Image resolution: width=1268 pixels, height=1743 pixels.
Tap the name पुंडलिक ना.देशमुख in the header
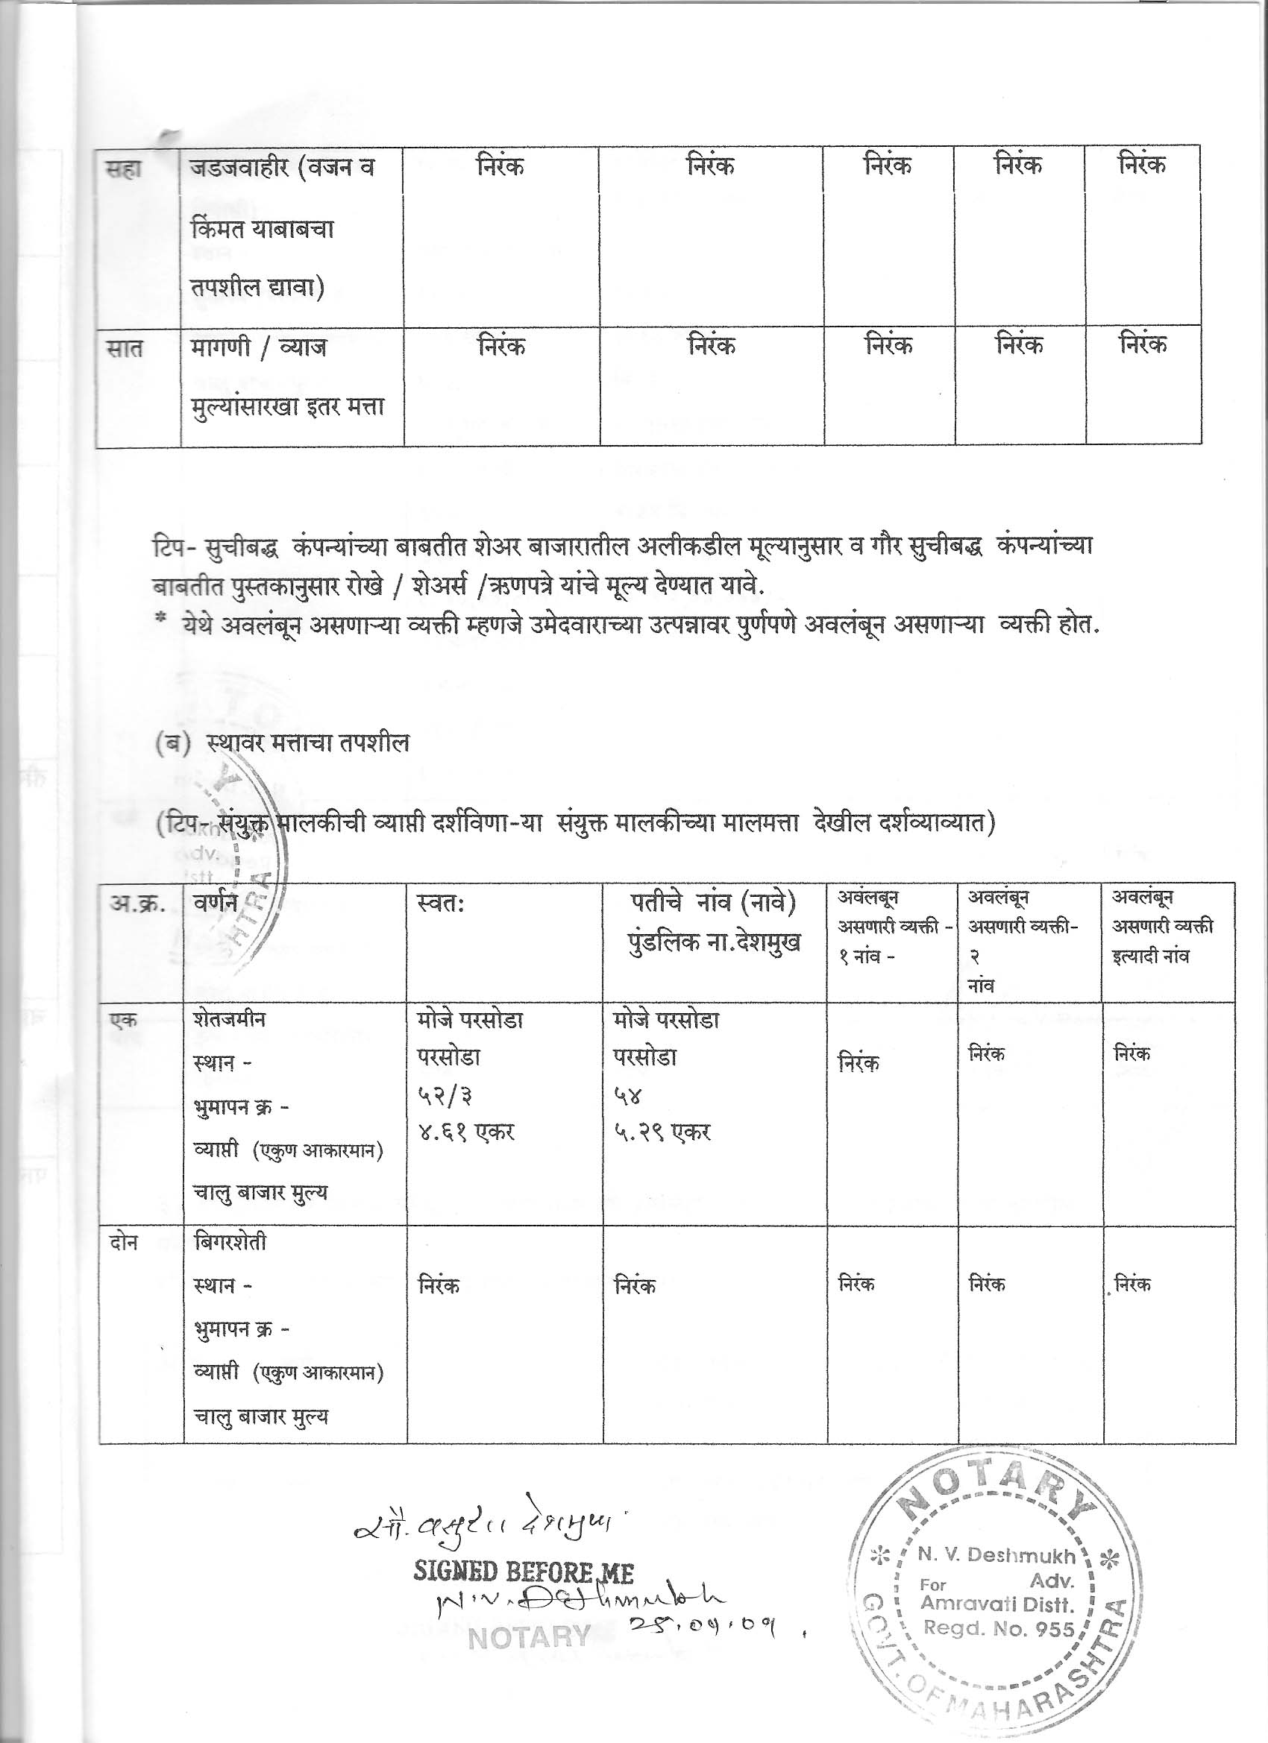713,942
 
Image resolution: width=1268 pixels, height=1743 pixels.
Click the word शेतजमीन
230,1020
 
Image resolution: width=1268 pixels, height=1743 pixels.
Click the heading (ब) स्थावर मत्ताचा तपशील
282,743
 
